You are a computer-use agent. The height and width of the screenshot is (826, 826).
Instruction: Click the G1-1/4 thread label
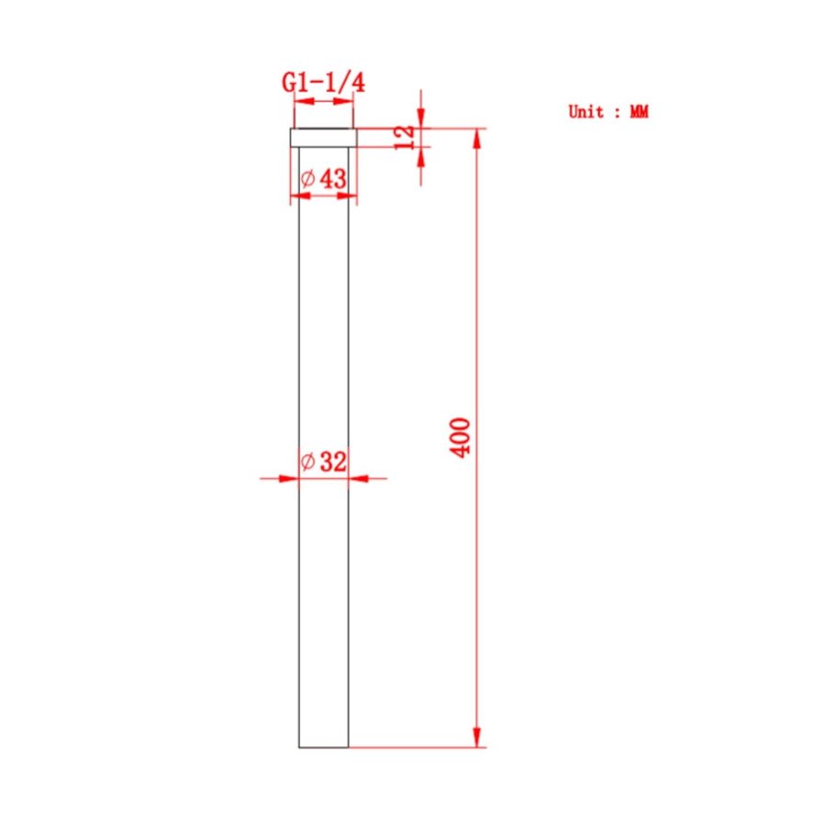coord(323,83)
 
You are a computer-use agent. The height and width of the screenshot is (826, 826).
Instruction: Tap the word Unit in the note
coord(586,112)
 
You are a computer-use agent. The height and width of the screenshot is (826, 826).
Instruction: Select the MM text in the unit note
coord(639,112)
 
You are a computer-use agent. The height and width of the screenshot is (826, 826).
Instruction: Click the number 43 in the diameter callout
coord(333,179)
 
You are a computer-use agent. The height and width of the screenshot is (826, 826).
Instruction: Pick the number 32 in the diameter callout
coord(333,462)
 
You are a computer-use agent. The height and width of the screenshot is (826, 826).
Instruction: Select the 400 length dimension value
coord(462,438)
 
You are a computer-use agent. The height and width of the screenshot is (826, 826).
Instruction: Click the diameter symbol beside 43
coord(307,179)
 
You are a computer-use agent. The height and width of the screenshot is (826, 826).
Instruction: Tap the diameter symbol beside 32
coord(307,462)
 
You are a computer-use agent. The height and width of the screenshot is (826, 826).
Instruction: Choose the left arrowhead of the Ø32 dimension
coord(289,477)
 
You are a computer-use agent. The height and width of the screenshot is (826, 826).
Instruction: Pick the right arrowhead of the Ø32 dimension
coord(359,477)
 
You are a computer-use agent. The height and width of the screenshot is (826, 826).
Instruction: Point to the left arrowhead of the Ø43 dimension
coord(300,195)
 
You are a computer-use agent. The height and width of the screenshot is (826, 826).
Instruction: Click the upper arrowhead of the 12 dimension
coord(420,118)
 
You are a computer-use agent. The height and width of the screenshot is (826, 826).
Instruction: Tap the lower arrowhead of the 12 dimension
coord(420,156)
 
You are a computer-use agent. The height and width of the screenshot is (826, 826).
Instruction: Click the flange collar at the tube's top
coord(323,138)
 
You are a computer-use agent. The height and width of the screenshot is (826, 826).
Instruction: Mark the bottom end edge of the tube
coord(324,747)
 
